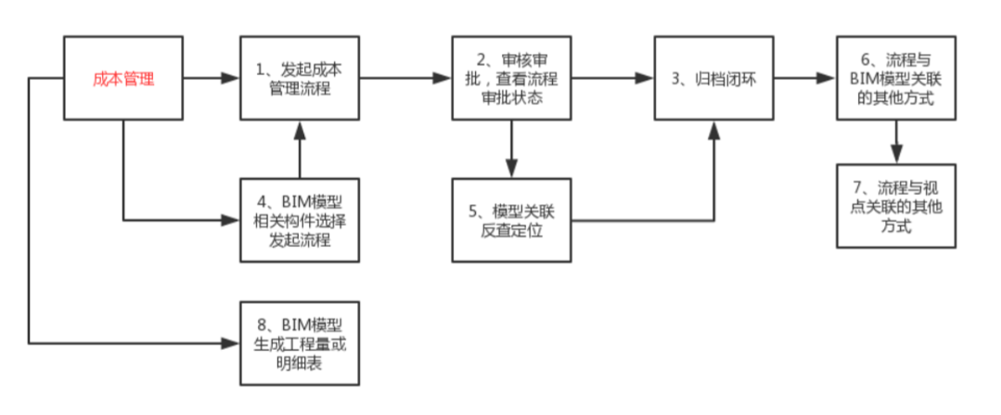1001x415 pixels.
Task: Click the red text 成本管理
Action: click(x=122, y=79)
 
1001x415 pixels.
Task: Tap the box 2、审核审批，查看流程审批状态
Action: click(x=510, y=79)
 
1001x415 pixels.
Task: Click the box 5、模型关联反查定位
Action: click(x=510, y=219)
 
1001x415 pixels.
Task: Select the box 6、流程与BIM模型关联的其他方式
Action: click(x=895, y=79)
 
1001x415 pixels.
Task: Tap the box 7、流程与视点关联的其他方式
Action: click(x=895, y=205)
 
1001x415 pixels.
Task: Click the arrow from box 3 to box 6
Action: click(x=803, y=79)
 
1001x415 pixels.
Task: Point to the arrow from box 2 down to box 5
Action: click(x=510, y=148)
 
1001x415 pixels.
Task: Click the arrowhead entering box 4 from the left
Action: click(x=232, y=220)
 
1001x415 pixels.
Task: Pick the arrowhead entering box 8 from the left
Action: click(x=232, y=343)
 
